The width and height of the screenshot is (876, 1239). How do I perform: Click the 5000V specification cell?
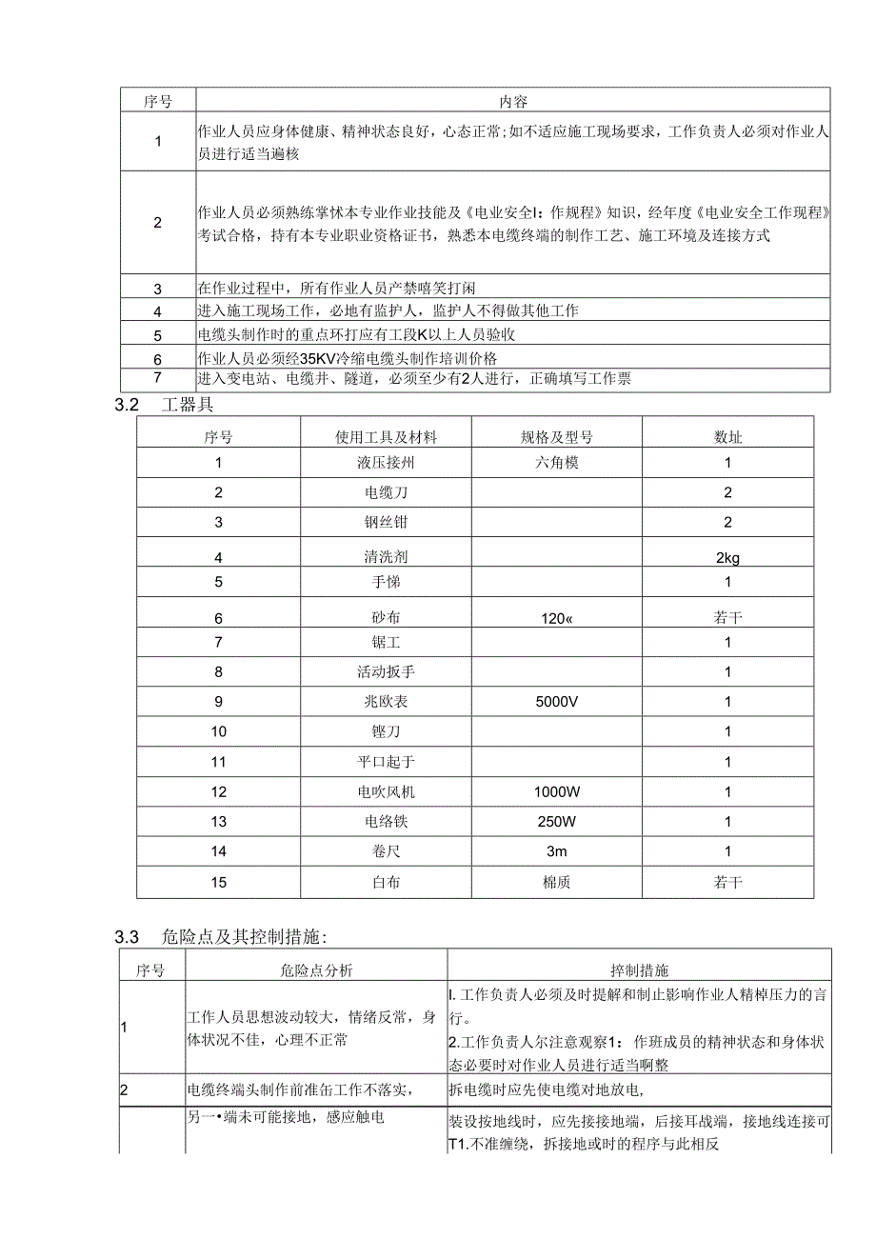tap(556, 702)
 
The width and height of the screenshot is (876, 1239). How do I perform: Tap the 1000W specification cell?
tap(556, 791)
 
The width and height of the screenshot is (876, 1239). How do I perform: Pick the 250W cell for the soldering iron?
tap(556, 822)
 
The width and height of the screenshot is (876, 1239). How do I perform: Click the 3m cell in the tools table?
tap(556, 851)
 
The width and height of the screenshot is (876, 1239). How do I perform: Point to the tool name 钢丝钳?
tap(385, 522)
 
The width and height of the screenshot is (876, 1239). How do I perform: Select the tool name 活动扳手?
tap(385, 671)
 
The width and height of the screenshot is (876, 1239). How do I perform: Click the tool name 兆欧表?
tap(385, 702)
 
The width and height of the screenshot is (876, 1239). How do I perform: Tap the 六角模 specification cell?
tap(556, 463)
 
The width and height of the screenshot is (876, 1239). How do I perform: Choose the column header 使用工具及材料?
tap(385, 437)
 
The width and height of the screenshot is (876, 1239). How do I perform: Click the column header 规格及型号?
tap(556, 437)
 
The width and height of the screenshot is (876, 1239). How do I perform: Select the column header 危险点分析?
tap(316, 970)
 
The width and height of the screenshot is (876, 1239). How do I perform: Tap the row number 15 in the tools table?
tap(218, 882)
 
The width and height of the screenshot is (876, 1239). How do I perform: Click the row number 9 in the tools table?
tap(218, 702)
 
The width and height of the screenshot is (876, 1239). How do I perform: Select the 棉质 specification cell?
tap(556, 882)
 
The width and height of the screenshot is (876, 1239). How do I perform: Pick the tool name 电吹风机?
tap(385, 791)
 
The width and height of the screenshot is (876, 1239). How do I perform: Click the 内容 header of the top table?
tap(512, 101)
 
